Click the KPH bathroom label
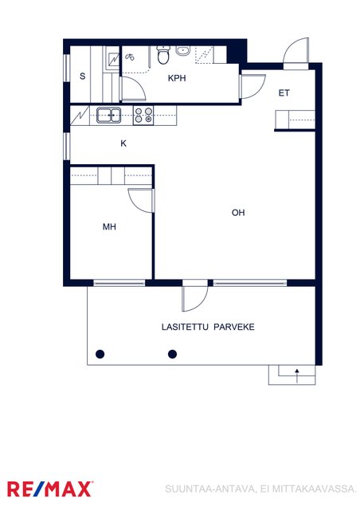tap(177, 78)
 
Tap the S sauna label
tap(83, 76)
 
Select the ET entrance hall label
tap(284, 93)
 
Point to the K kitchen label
tap(123, 143)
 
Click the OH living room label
tap(238, 213)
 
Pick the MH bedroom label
tap(109, 226)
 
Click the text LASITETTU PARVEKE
tap(208, 327)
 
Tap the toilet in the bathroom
tap(163, 55)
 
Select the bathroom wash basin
tap(183, 51)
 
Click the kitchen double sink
tap(108, 115)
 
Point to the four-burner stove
tap(143, 116)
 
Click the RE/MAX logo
tap(50, 488)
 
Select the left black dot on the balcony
tap(100, 354)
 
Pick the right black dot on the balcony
tap(172, 354)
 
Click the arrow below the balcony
tap(297, 375)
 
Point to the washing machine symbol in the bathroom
tap(130, 57)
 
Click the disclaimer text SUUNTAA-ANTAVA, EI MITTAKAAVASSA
tap(260, 488)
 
